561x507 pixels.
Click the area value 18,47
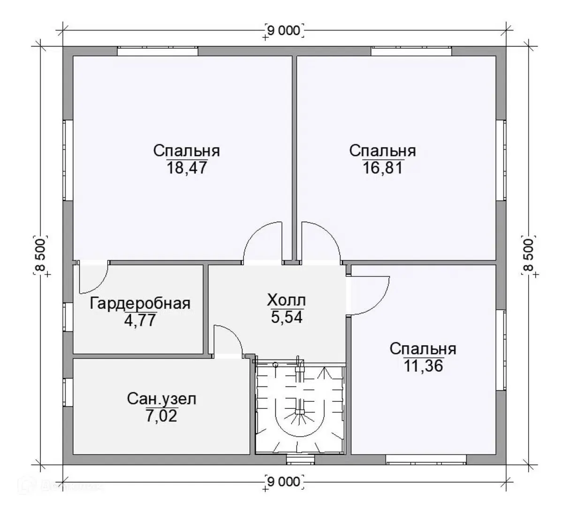pos(187,168)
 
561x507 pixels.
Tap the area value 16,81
pos(383,168)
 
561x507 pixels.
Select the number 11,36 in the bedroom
pos(424,366)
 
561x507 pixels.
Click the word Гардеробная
pos(140,304)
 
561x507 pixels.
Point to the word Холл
pos(286,300)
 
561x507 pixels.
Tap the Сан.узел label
pos(161,399)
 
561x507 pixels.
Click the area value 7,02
pos(161,416)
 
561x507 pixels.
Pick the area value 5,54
pos(287,317)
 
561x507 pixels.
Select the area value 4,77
pos(140,320)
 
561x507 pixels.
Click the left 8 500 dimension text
pos(40,254)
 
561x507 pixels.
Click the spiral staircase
pos(300,407)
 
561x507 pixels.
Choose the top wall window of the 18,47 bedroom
pos(158,51)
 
